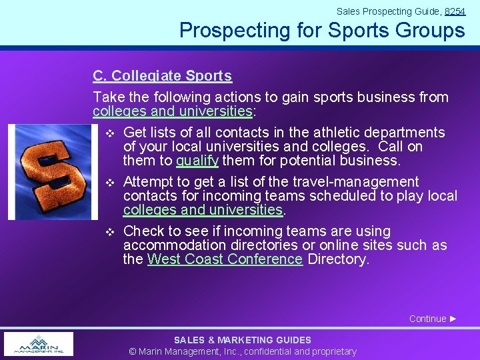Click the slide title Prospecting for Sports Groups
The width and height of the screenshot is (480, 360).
[322, 31]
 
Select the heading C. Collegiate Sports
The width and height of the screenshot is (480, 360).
[162, 76]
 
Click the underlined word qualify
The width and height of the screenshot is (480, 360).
[197, 161]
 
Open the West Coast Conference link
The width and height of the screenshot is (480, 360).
[225, 259]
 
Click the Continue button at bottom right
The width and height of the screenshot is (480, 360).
[433, 319]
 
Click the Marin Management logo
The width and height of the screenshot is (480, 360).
[39, 344]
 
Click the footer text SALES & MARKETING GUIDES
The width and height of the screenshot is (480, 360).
[242, 340]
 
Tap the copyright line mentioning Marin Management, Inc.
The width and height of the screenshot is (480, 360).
[242, 351]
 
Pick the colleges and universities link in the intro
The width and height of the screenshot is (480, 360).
[173, 111]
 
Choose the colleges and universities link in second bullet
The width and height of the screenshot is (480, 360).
[203, 210]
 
